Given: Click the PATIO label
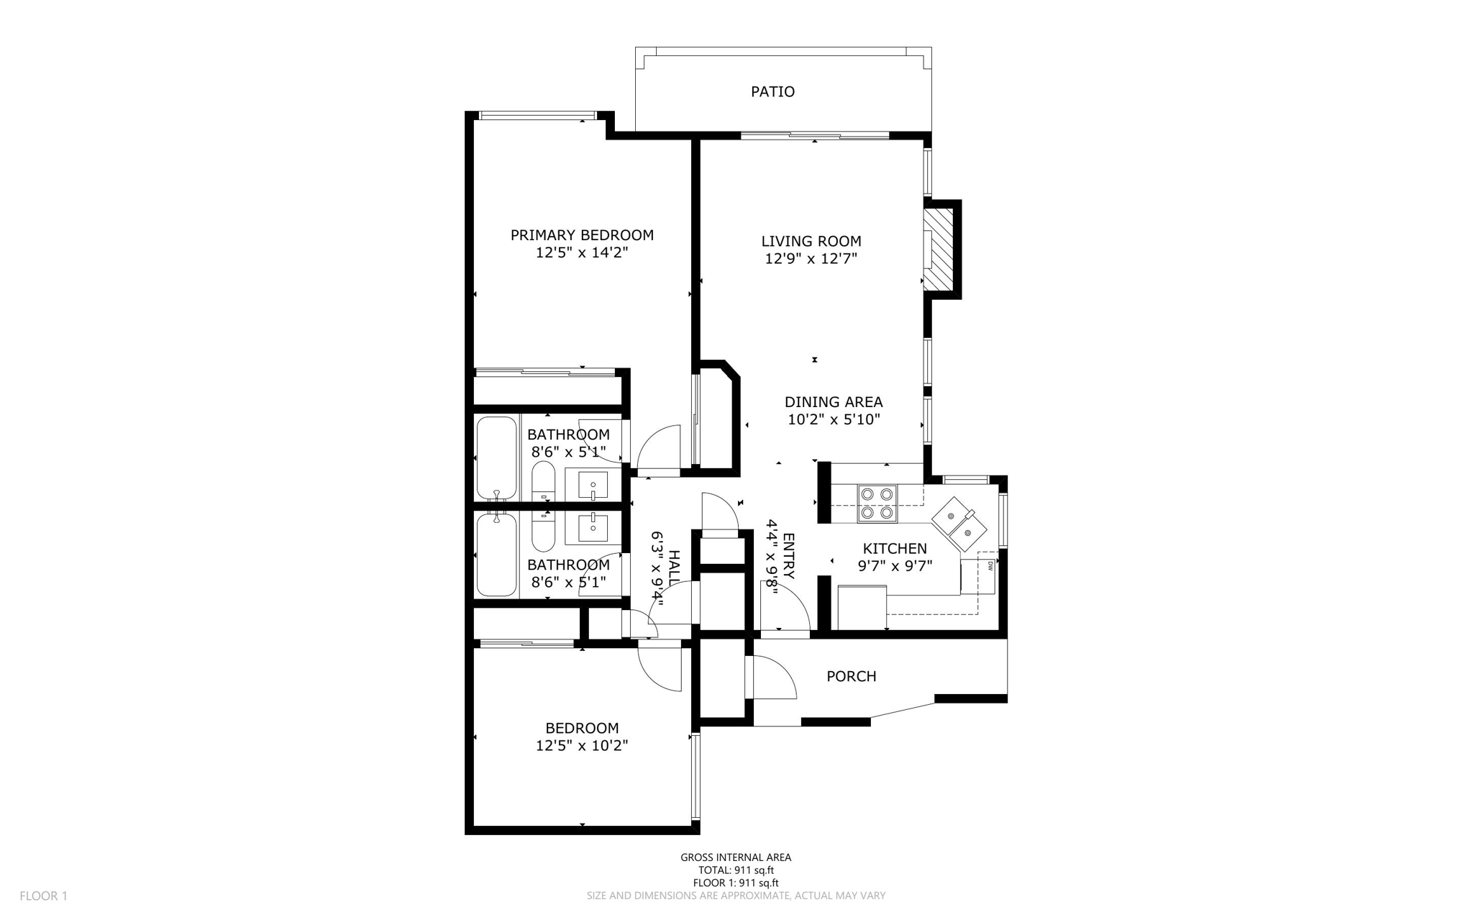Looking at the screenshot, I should coord(772,92).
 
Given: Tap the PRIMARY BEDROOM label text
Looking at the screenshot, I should coord(582,235).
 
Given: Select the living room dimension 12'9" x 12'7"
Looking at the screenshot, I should coord(811,259).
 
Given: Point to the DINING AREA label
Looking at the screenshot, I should coord(833,402).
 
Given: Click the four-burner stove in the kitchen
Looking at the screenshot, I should coord(877,504).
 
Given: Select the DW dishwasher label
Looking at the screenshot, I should coord(990,566).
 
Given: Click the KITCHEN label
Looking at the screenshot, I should coord(895,549).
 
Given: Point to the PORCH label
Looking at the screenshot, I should coord(851,676).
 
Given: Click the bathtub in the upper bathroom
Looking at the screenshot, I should coord(496,458).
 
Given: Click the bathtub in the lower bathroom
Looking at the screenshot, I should coord(496,555).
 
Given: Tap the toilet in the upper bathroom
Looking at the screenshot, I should coord(543,480).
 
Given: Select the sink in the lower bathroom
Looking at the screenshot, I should coord(593,528).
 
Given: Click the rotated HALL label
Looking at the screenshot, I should coord(674,565).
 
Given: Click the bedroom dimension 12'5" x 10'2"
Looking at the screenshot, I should coord(582,746).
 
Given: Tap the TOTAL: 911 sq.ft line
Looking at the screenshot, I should coord(736,870).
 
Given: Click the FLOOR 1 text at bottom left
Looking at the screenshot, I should coord(43,896).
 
